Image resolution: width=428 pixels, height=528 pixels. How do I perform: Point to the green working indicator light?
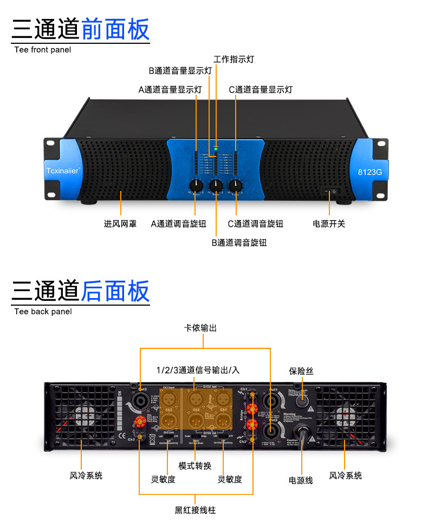click(x=216, y=147)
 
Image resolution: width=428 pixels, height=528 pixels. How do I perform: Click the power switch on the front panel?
click(x=330, y=191)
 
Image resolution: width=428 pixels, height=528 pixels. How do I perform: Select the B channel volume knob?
click(x=216, y=186)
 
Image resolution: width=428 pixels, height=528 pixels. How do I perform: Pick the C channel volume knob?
click(x=235, y=186)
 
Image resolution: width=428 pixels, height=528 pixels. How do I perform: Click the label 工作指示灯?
click(x=234, y=60)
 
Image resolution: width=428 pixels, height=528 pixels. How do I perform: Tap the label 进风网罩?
click(x=120, y=223)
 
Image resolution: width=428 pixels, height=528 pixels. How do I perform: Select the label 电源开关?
click(x=329, y=223)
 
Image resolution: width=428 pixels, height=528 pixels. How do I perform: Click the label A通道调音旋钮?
click(x=179, y=223)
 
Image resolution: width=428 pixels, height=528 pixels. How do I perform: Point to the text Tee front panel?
click(x=42, y=50)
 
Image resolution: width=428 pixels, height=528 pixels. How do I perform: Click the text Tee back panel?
click(x=43, y=312)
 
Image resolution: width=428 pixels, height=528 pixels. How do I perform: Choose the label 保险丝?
click(x=301, y=371)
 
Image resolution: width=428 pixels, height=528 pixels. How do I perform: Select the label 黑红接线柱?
click(x=195, y=510)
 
